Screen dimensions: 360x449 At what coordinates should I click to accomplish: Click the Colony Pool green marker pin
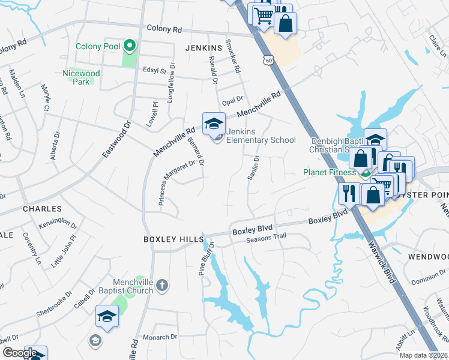(128, 46)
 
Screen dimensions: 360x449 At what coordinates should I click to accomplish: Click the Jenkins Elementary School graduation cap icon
(214, 124)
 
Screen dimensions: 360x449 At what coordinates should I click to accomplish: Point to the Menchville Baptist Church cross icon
(160, 286)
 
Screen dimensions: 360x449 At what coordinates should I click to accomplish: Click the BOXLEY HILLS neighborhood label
(173, 239)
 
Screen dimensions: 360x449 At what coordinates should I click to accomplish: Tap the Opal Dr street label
(232, 99)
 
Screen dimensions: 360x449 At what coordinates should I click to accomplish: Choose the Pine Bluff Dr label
(206, 258)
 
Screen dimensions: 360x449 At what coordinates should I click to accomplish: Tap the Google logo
(20, 353)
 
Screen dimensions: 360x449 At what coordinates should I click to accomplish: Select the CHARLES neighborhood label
(42, 209)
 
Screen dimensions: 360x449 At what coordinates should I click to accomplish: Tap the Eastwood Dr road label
(116, 139)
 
